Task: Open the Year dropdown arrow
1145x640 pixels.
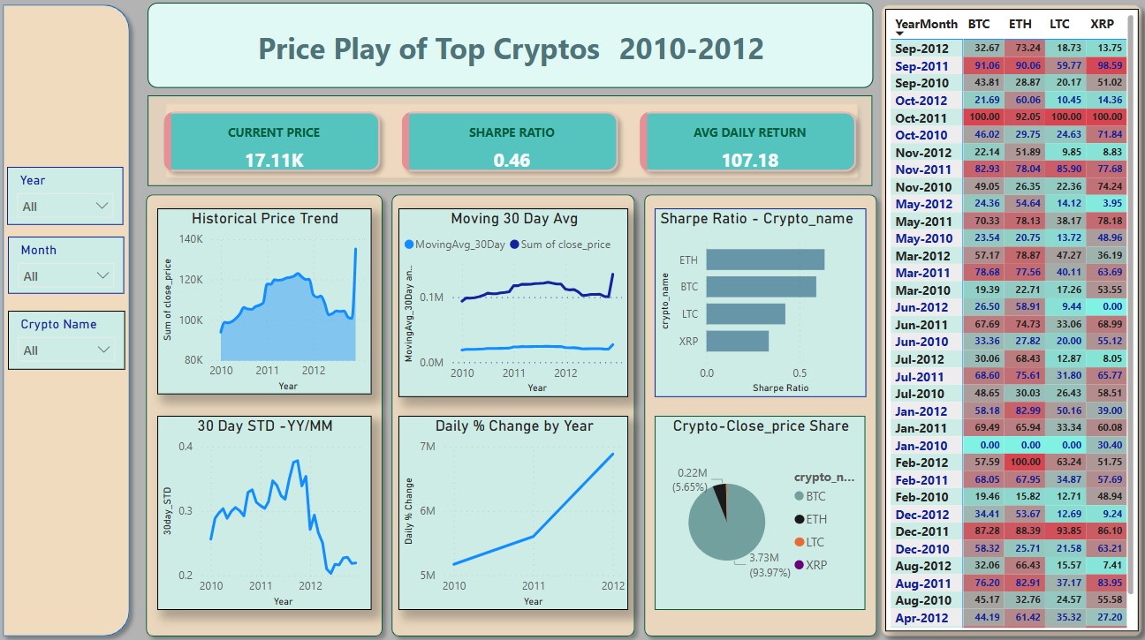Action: pyautogui.click(x=102, y=206)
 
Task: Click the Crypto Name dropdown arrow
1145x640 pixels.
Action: pyautogui.click(x=103, y=350)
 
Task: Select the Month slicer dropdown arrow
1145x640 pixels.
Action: pyautogui.click(x=102, y=275)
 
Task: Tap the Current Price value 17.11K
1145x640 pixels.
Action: pyautogui.click(x=274, y=160)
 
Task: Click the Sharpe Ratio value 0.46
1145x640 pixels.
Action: pyautogui.click(x=512, y=160)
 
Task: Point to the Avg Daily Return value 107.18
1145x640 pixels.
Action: pyautogui.click(x=749, y=160)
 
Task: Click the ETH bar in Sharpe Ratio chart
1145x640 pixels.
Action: pyautogui.click(x=765, y=260)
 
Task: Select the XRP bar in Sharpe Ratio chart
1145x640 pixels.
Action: pyautogui.click(x=738, y=341)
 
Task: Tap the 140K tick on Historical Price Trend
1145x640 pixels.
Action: pyautogui.click(x=190, y=239)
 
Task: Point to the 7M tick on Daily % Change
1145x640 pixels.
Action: pyautogui.click(x=424, y=447)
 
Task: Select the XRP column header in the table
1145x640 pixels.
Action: pyautogui.click(x=1102, y=25)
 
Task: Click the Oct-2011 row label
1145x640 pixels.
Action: pyautogui.click(x=921, y=117)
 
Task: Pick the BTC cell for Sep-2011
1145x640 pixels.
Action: pyautogui.click(x=985, y=65)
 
